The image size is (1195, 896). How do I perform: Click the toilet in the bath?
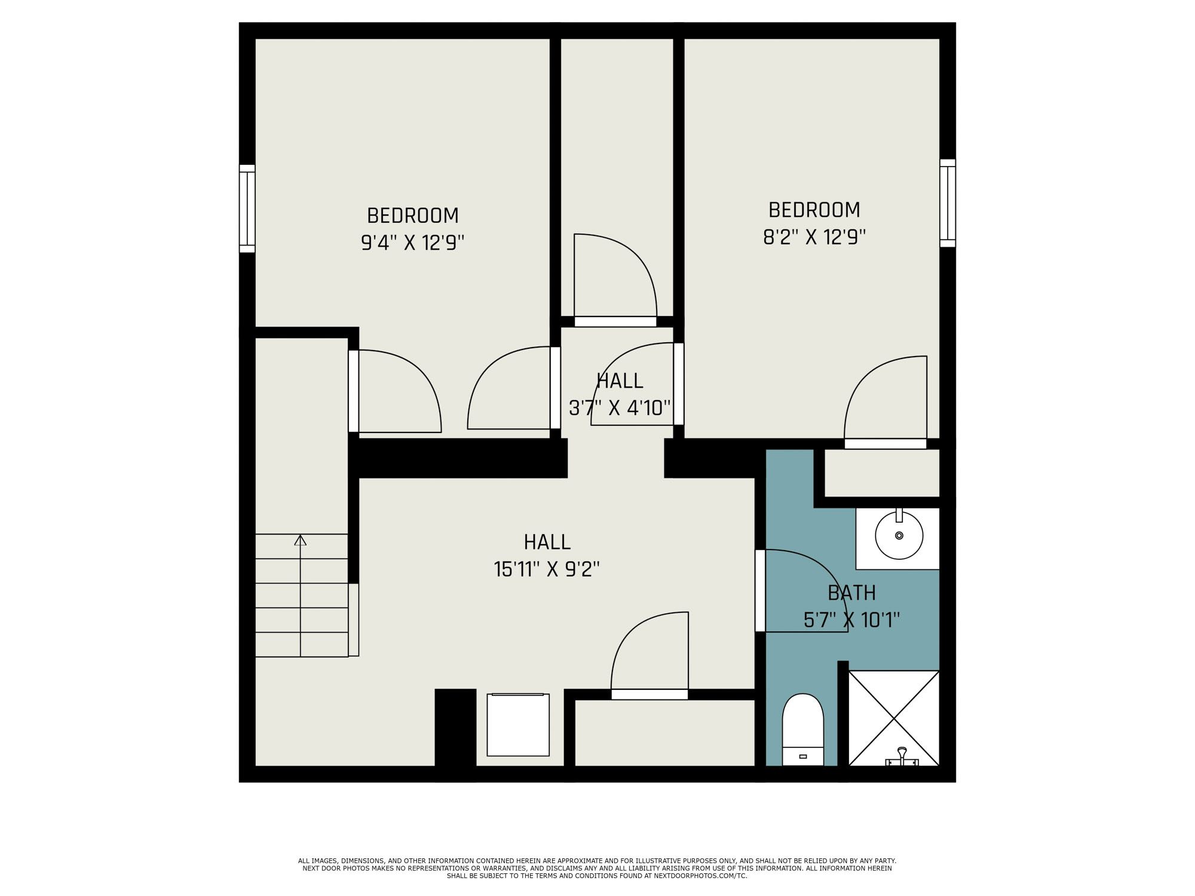click(x=803, y=729)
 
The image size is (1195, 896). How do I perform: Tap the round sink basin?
click(x=899, y=535)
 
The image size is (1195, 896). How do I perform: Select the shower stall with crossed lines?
click(x=894, y=718)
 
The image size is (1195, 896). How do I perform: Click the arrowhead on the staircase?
click(x=301, y=540)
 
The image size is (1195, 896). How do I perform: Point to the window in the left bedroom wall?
click(x=247, y=208)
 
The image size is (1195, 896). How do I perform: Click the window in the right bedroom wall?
click(x=948, y=203)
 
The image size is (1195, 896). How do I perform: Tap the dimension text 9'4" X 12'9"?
click(x=413, y=243)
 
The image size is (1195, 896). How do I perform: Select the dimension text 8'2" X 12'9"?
click(x=814, y=238)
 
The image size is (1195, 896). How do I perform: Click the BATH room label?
click(x=851, y=593)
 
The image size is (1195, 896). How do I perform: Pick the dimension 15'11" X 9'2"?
click(x=547, y=569)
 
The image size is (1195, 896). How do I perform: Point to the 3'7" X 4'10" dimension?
click(x=620, y=408)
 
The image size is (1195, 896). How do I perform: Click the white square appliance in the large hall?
click(x=518, y=725)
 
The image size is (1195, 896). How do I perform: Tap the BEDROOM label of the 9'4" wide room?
click(x=413, y=216)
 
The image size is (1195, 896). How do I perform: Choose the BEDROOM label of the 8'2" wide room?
click(x=814, y=210)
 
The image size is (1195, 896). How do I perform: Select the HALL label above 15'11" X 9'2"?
click(x=547, y=542)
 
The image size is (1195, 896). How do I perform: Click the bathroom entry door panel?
click(x=760, y=591)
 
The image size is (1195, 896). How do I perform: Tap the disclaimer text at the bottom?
click(x=597, y=868)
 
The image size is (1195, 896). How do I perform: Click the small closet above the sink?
click(x=882, y=473)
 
